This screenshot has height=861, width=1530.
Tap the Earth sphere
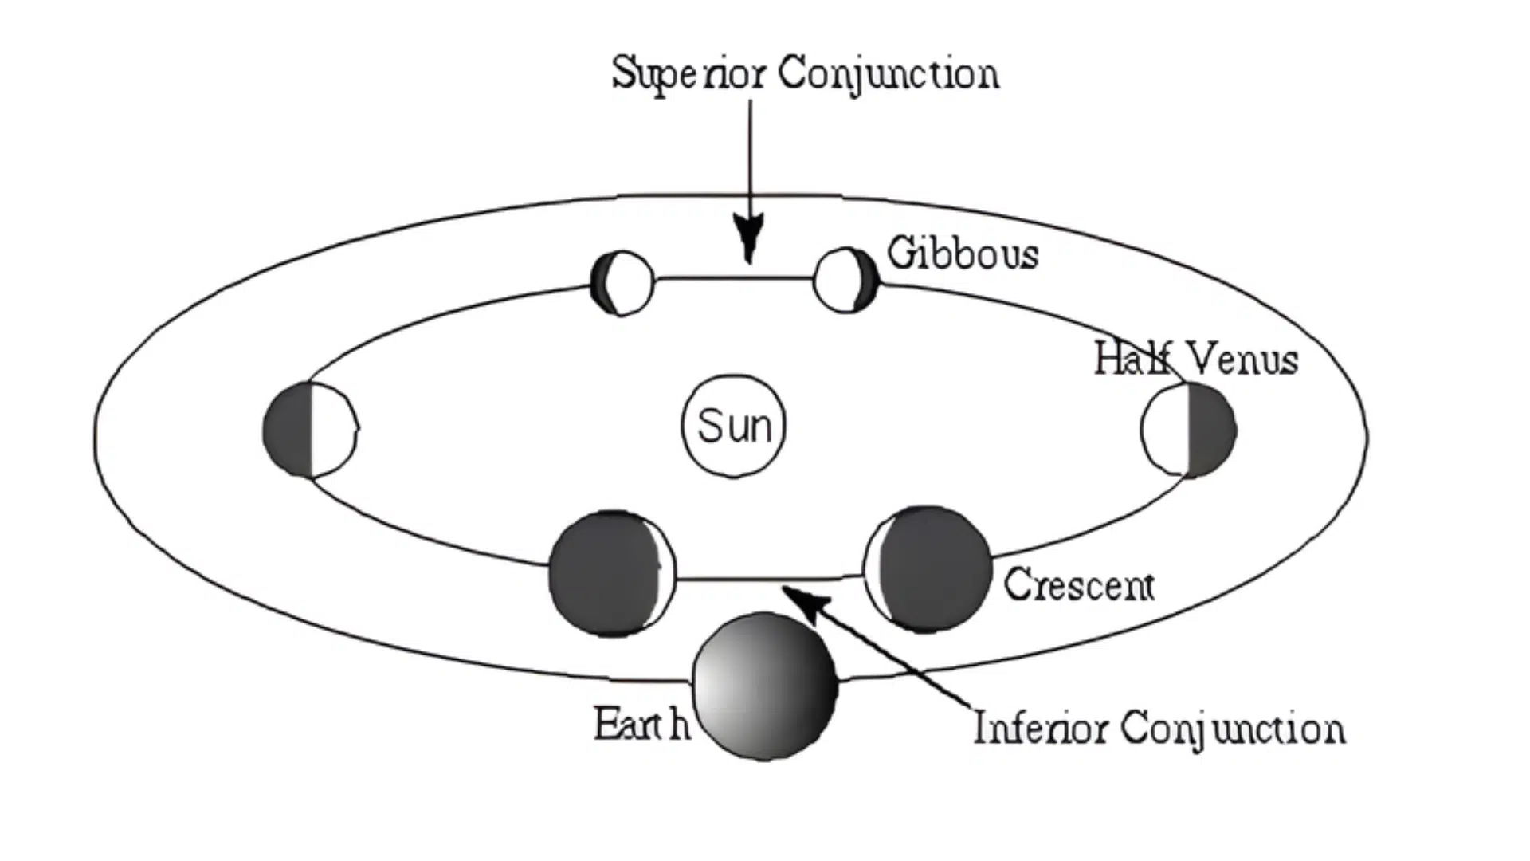(765, 686)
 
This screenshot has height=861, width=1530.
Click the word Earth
(641, 725)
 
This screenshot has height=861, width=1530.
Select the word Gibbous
(963, 254)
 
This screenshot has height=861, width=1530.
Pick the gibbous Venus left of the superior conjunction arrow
(622, 283)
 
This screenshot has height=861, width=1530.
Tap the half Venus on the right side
(1188, 430)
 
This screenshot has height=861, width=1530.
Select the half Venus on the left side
(310, 430)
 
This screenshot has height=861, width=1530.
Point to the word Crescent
(1078, 585)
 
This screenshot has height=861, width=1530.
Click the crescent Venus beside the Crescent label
(928, 569)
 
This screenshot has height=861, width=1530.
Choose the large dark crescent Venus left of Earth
(612, 573)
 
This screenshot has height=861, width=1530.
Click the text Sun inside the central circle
(734, 425)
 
